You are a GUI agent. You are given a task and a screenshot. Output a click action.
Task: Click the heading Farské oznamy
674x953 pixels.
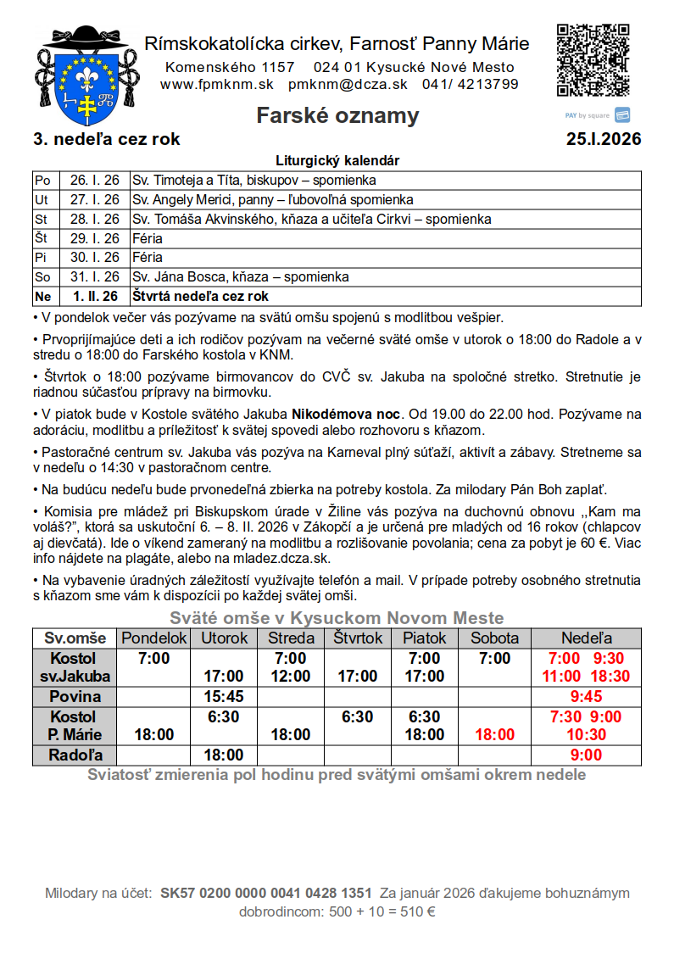pyautogui.click(x=337, y=115)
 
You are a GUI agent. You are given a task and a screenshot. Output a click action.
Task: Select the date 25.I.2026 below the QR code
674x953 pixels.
pyautogui.click(x=604, y=139)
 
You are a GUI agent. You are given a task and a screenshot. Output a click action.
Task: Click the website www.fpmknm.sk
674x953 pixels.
pyautogui.click(x=216, y=84)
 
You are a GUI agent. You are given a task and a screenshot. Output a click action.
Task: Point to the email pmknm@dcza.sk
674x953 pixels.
pyautogui.click(x=348, y=84)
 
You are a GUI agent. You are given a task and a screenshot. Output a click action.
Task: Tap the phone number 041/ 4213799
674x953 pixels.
pyautogui.click(x=470, y=84)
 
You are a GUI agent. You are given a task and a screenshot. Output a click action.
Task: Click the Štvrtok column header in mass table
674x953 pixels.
pyautogui.click(x=358, y=638)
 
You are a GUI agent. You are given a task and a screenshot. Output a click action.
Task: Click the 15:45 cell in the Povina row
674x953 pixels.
pyautogui.click(x=224, y=696)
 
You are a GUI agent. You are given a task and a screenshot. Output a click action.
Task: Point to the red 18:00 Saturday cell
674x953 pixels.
pyautogui.click(x=494, y=735)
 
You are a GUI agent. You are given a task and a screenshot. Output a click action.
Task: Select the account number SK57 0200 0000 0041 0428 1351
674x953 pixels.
pyautogui.click(x=265, y=893)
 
